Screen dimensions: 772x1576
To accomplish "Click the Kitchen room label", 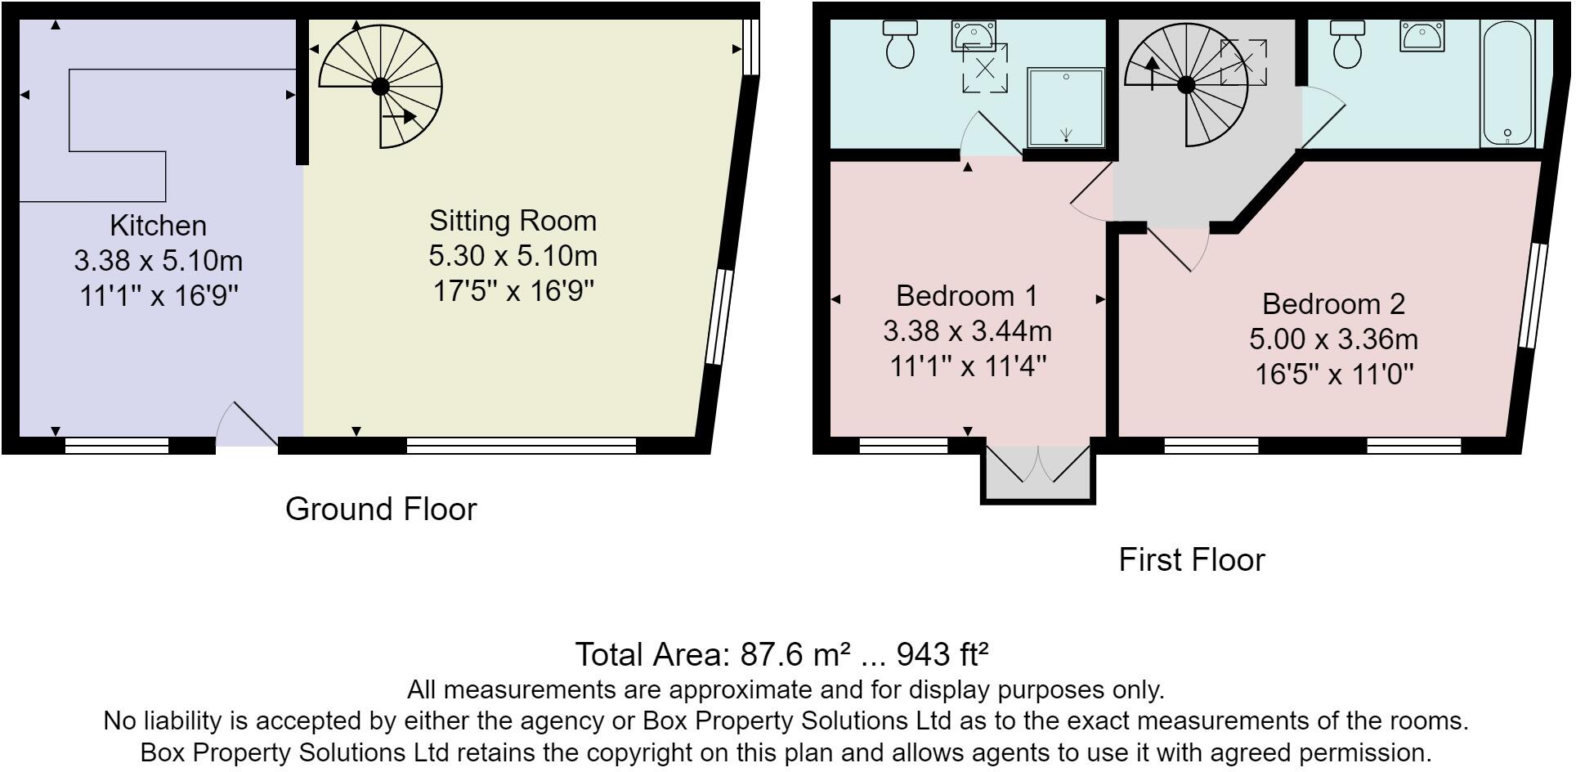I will (x=158, y=226).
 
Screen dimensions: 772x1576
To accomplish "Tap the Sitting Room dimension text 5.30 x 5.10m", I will (x=513, y=256).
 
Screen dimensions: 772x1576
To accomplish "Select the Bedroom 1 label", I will (x=966, y=295).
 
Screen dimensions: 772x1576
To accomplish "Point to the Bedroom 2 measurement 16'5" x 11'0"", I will (x=1334, y=375).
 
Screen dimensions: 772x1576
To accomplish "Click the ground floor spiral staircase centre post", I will (x=380, y=85).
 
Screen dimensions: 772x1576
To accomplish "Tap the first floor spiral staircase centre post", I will (x=1187, y=84).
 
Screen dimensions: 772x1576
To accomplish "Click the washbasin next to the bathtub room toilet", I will (x=1423, y=35).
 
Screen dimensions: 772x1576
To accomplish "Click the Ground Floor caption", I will (x=380, y=509).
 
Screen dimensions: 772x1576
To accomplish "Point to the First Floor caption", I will (x=1191, y=560).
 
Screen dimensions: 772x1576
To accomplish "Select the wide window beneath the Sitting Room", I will (x=521, y=446).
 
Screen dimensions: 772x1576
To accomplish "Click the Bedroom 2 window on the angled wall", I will (x=1533, y=296).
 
